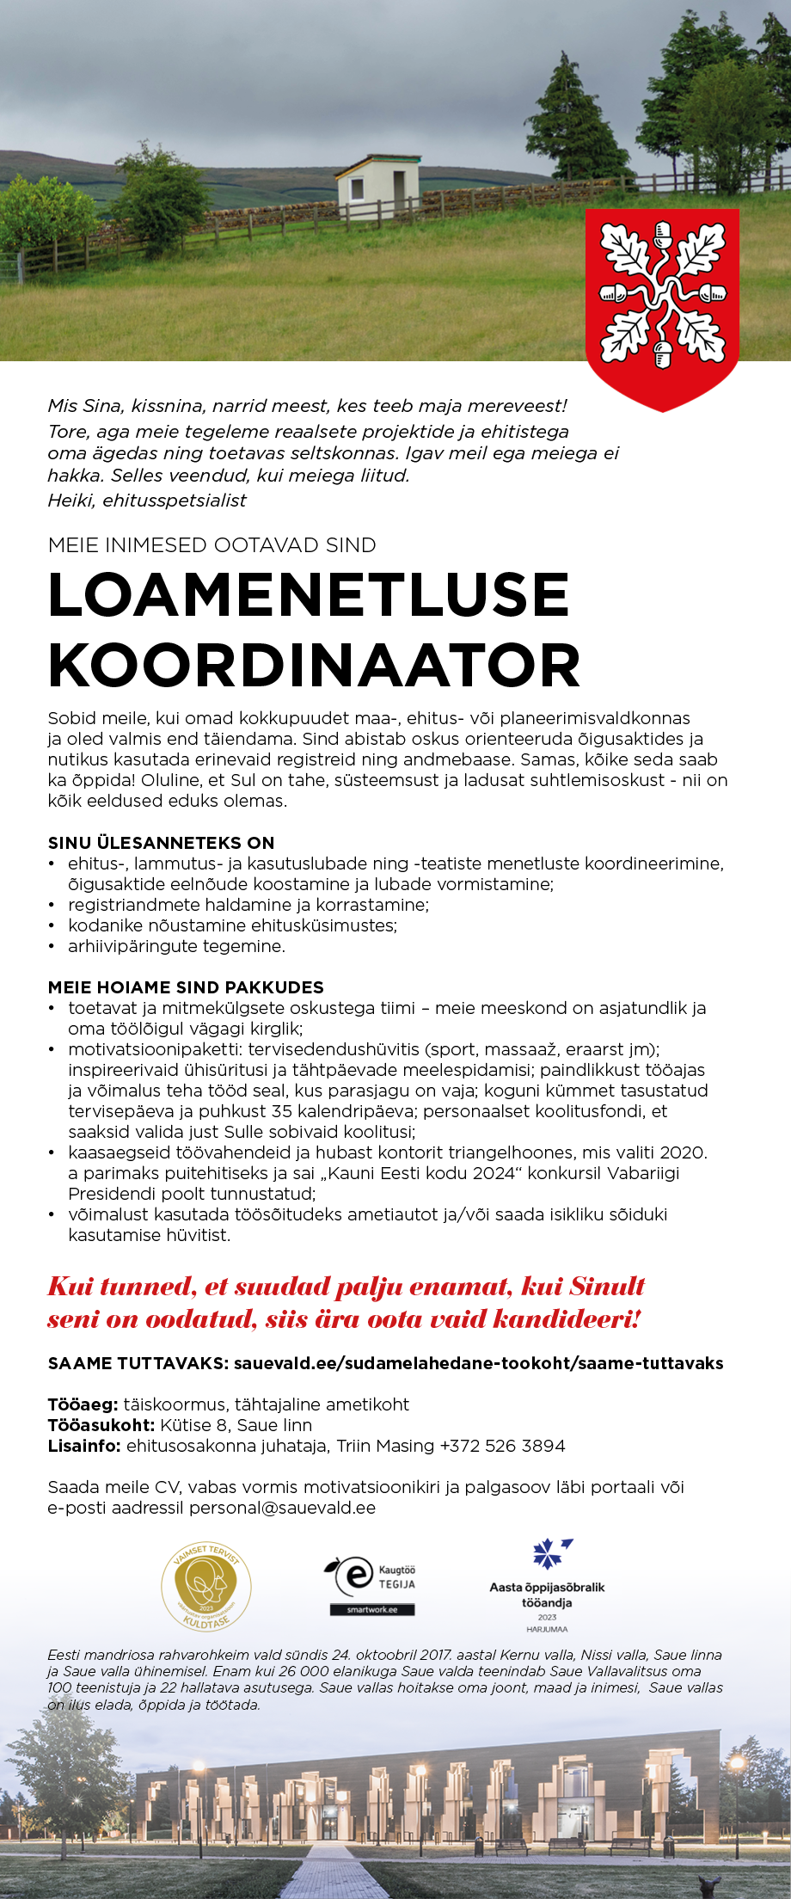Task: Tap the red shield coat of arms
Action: click(x=662, y=302)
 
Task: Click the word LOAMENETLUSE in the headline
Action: click(x=309, y=594)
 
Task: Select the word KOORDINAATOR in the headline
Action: click(x=315, y=666)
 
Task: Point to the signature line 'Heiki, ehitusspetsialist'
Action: click(x=147, y=501)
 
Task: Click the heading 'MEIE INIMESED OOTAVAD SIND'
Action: click(x=212, y=545)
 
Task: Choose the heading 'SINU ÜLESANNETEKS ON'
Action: click(x=161, y=843)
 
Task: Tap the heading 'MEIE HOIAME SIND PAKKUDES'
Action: click(x=186, y=987)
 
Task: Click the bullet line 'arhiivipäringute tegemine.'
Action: click(x=176, y=946)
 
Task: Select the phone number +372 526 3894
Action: click(x=502, y=1446)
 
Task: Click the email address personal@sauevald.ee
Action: click(x=282, y=1508)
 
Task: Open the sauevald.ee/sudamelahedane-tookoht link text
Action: click(x=478, y=1363)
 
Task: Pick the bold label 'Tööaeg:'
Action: click(x=83, y=1404)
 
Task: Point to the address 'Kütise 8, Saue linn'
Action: click(x=236, y=1425)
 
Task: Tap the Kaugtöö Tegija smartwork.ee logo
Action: click(x=371, y=1584)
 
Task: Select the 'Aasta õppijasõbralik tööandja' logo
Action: click(x=547, y=1586)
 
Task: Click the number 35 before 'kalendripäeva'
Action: click(x=282, y=1111)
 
